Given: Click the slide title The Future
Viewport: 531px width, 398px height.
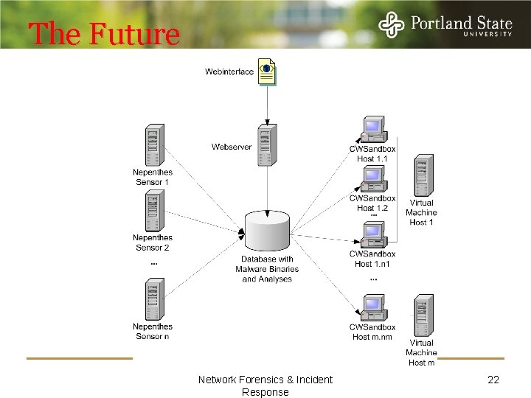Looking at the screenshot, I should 103,34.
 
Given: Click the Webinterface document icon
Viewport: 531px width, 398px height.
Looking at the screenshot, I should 267,71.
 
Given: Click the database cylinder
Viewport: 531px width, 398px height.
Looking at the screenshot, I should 267,231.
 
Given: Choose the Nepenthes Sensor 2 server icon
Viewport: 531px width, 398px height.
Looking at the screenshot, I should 153,212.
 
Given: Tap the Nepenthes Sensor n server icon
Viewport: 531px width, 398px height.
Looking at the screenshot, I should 153,299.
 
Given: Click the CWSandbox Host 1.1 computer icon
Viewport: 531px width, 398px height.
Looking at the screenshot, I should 373,130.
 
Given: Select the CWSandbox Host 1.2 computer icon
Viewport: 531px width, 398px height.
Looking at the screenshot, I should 373,179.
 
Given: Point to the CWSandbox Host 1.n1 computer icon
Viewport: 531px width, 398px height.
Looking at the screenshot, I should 373,235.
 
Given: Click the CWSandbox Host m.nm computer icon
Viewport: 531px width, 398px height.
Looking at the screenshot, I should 373,308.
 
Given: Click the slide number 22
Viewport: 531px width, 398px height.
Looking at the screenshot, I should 494,380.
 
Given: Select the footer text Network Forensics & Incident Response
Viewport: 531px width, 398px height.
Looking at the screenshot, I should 265,385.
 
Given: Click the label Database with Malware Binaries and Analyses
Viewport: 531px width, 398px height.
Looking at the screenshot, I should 267,269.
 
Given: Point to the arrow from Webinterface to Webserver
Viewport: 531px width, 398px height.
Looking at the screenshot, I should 267,105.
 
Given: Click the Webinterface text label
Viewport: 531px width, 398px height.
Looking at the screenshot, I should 229,71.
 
